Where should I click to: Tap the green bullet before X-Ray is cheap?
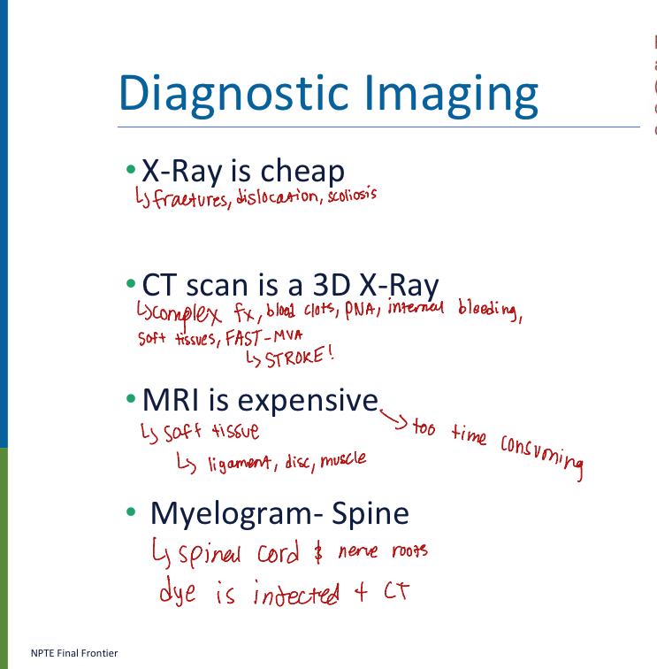131,168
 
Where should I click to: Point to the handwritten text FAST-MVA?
259,337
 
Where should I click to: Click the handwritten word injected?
295,594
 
